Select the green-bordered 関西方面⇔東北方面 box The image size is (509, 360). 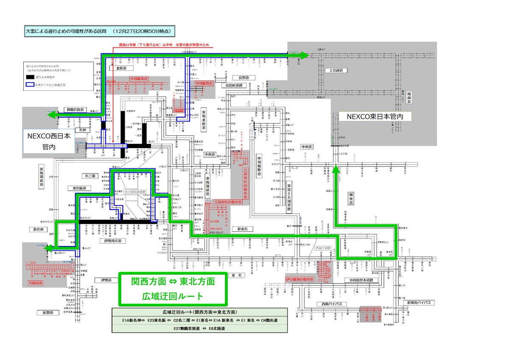click(173, 289)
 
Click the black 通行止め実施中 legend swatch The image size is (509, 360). click(30, 77)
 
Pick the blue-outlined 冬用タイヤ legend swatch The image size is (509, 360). click(30, 85)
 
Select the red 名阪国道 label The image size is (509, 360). click(36, 282)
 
